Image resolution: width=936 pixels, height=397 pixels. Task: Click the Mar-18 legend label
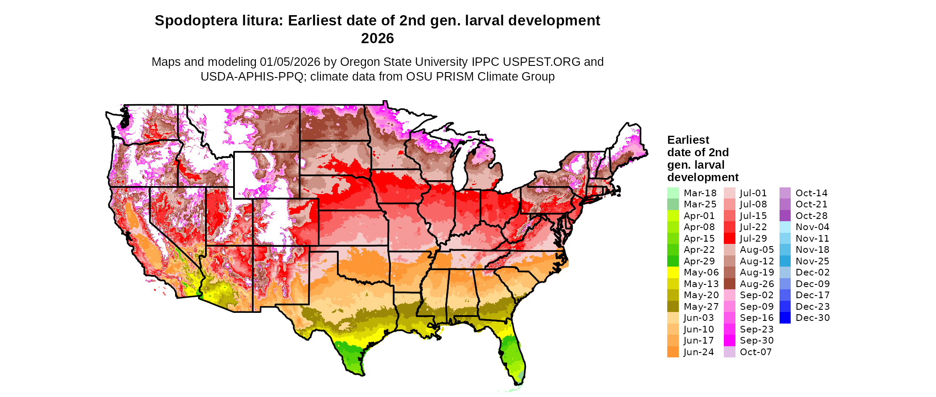(x=700, y=193)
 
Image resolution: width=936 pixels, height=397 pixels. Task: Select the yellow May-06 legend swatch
(x=673, y=272)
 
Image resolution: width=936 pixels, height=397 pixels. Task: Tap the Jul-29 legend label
(x=753, y=239)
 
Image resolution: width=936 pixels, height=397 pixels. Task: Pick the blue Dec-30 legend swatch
(x=785, y=318)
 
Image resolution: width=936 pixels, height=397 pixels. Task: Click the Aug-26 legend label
(x=757, y=284)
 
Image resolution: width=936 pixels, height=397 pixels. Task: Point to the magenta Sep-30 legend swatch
(x=730, y=340)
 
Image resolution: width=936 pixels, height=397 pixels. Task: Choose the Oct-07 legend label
(x=755, y=352)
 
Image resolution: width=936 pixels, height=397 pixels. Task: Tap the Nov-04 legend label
(x=812, y=227)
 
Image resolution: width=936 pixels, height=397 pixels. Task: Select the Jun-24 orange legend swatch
(x=673, y=352)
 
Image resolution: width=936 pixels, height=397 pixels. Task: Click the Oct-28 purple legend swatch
(x=785, y=216)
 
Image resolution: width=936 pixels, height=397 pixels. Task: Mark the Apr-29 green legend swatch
(x=673, y=261)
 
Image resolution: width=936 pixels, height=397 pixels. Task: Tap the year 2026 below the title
(x=378, y=39)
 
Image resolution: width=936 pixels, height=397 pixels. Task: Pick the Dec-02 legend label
(x=812, y=272)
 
